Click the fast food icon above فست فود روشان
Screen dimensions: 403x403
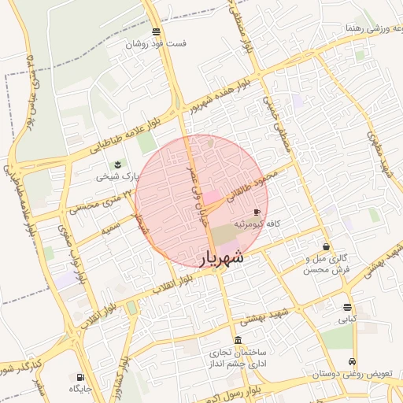157,32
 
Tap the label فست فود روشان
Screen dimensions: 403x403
159,44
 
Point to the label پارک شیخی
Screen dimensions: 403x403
117,176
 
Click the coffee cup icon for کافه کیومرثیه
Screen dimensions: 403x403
257,212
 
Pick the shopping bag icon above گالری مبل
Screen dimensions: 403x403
326,246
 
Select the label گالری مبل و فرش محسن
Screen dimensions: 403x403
326,264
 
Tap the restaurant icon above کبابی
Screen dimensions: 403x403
348,307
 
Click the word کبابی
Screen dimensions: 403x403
348,320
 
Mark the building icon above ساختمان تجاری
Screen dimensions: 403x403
238,339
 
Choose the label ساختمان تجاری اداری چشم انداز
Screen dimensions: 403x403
238,358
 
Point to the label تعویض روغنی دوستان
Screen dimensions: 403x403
352,375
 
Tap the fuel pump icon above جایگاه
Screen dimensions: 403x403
81,376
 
